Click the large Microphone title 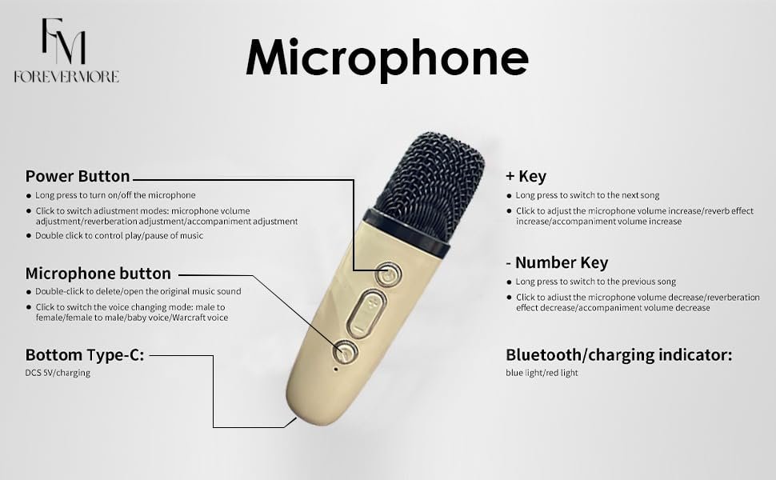pos(387,58)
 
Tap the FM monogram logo pos(63,42)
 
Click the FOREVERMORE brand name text pos(66,77)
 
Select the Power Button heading pos(78,176)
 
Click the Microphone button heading pos(98,273)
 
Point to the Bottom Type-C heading pos(85,355)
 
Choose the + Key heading pos(526,176)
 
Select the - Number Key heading pos(557,262)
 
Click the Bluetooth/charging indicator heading pos(618,355)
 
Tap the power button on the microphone pos(388,274)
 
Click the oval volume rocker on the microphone pos(366,314)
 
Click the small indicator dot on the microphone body pos(336,369)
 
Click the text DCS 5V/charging pos(58,373)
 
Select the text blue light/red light pos(542,373)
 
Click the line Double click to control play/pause pos(119,235)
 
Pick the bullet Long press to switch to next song pos(587,195)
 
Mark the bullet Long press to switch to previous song pos(596,282)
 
